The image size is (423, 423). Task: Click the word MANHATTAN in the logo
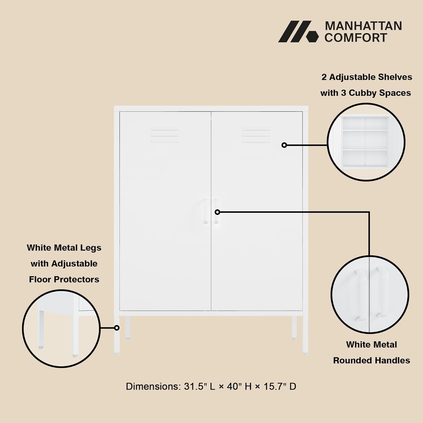(363, 26)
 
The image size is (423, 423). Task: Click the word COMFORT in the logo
(356, 38)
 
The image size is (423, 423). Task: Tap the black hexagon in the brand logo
(312, 36)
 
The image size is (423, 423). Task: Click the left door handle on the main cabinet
(206, 211)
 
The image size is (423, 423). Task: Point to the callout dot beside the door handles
(217, 212)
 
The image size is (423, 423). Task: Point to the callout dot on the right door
(284, 145)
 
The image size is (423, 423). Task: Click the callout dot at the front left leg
(117, 328)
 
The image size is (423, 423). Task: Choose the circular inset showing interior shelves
(366, 142)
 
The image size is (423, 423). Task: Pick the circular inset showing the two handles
(370, 294)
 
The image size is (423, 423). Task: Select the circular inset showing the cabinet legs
(61, 329)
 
